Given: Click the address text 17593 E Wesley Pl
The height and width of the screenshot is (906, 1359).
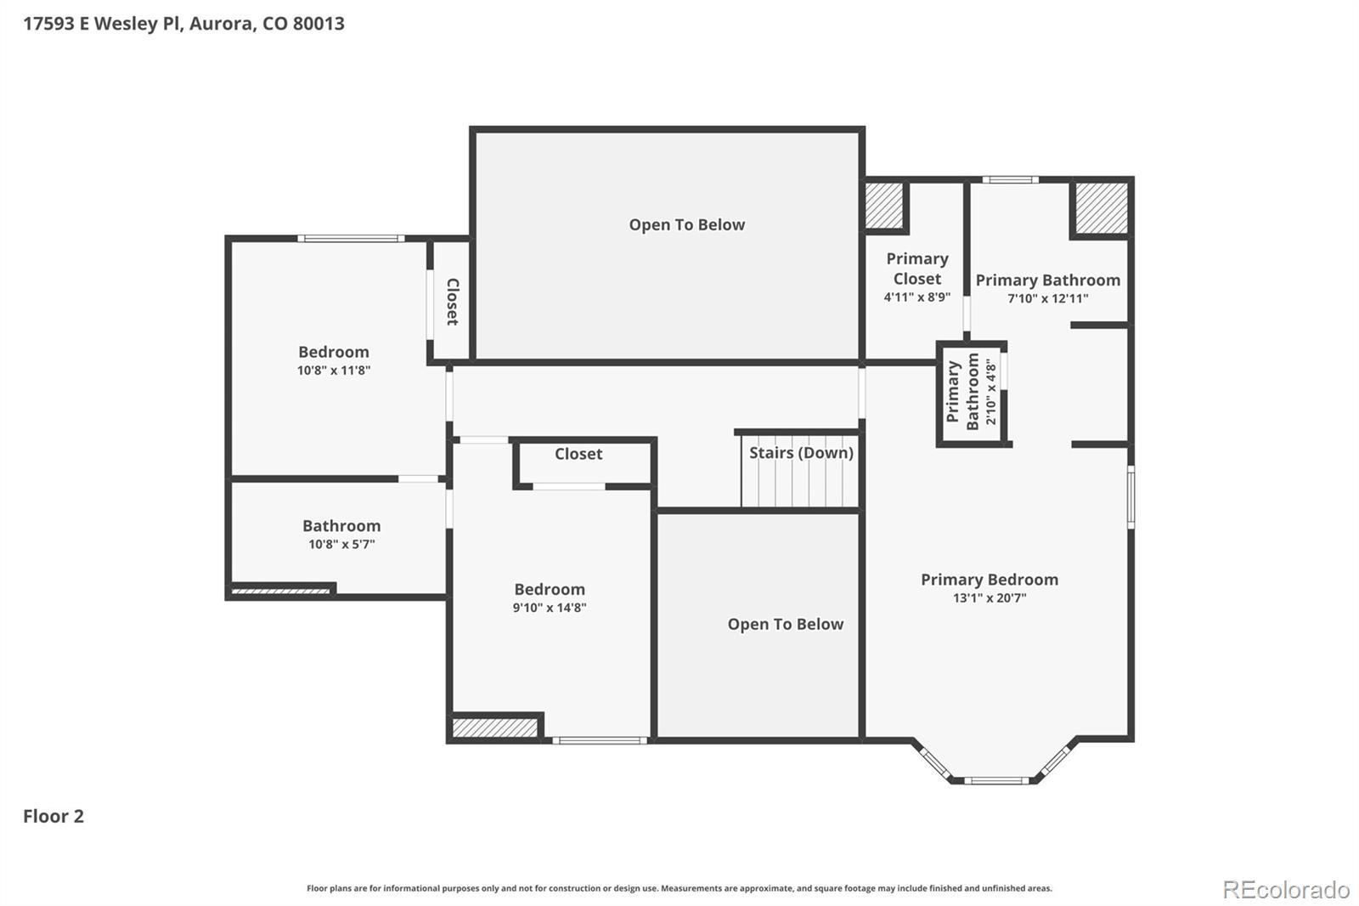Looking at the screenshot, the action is point(103,24).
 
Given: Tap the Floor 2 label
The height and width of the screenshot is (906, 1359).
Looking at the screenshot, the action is point(54,816).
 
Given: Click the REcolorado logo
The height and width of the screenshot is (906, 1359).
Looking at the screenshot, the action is point(1287,890).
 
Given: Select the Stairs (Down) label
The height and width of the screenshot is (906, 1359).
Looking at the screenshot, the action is point(801,453).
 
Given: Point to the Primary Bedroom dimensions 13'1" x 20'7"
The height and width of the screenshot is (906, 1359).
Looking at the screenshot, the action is point(990,598).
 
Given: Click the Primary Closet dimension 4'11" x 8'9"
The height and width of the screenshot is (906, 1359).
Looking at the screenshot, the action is point(916,297).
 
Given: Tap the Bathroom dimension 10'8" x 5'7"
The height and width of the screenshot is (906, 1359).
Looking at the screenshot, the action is point(341,544).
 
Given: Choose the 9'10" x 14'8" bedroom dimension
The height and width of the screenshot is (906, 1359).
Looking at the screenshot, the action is point(550,608).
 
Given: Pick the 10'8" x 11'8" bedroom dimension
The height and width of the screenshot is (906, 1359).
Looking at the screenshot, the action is point(334,371).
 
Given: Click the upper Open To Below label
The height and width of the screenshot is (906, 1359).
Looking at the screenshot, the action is point(687,224).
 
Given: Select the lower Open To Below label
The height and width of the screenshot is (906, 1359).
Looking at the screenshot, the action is point(786,624).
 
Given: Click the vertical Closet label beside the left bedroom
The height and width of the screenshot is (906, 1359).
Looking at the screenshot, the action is point(453,302).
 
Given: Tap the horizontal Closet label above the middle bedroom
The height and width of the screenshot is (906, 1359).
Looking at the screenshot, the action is point(578,454).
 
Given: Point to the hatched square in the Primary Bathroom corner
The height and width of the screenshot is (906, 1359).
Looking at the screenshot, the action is point(1102,207).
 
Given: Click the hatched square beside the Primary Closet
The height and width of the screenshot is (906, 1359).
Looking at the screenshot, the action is point(884,205).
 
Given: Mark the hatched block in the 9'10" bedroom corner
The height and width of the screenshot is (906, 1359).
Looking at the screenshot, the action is point(495,728).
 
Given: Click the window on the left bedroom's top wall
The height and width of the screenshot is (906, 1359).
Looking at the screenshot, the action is point(352,239).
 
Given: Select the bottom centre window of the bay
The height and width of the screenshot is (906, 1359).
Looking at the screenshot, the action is point(996,780).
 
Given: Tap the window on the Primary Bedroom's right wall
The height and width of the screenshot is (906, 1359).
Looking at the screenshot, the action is point(1131,496).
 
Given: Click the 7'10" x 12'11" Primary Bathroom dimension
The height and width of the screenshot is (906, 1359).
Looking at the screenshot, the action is point(1048,299).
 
